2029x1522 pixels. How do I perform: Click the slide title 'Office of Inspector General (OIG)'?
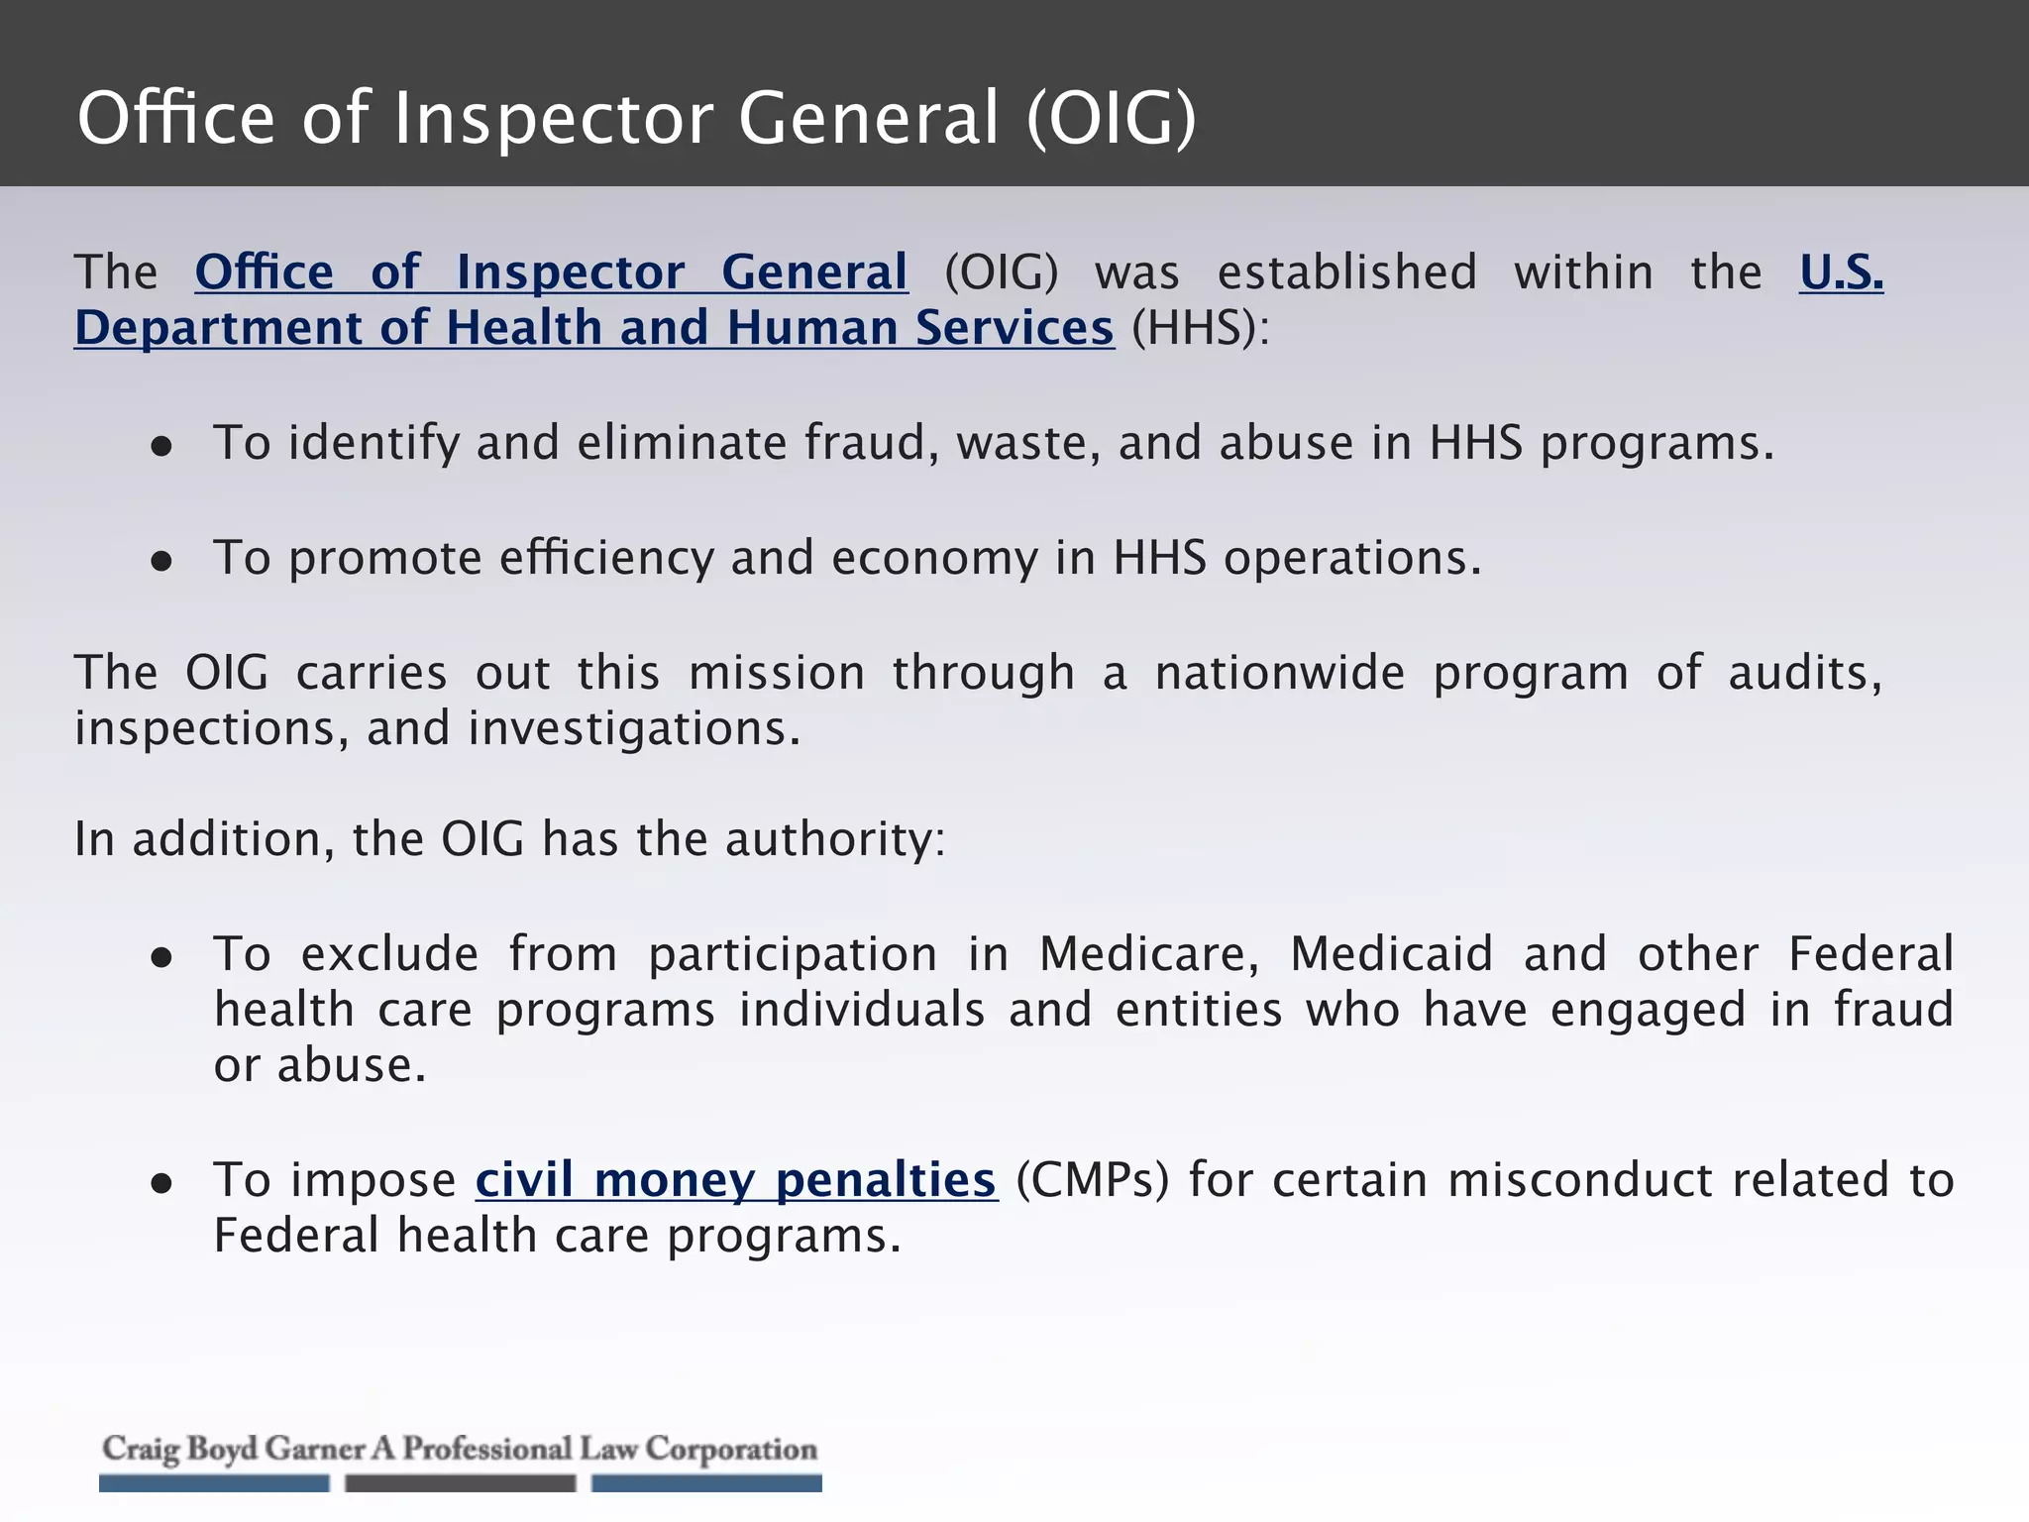point(637,118)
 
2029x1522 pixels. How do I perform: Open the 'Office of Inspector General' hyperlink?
point(551,272)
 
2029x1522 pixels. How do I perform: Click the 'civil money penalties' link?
point(735,1180)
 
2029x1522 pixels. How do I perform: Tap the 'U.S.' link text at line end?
point(1841,272)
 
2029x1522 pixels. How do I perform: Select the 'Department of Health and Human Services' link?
point(594,328)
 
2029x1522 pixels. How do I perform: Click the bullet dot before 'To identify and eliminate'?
point(161,447)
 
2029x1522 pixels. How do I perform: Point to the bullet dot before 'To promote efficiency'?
point(161,562)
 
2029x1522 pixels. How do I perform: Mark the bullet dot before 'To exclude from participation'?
point(161,958)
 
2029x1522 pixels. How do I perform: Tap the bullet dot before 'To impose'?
point(161,1184)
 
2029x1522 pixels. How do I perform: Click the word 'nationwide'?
point(1279,673)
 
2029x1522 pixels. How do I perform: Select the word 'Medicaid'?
point(1391,954)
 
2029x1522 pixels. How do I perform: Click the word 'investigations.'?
point(634,729)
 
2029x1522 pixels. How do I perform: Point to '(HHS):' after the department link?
point(1200,328)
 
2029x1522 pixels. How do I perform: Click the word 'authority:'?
point(835,839)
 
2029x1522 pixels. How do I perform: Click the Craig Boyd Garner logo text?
point(460,1449)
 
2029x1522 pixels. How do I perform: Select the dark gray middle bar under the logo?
point(460,1483)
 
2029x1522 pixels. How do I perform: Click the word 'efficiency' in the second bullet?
point(606,558)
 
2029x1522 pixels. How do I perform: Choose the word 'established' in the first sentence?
point(1346,272)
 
